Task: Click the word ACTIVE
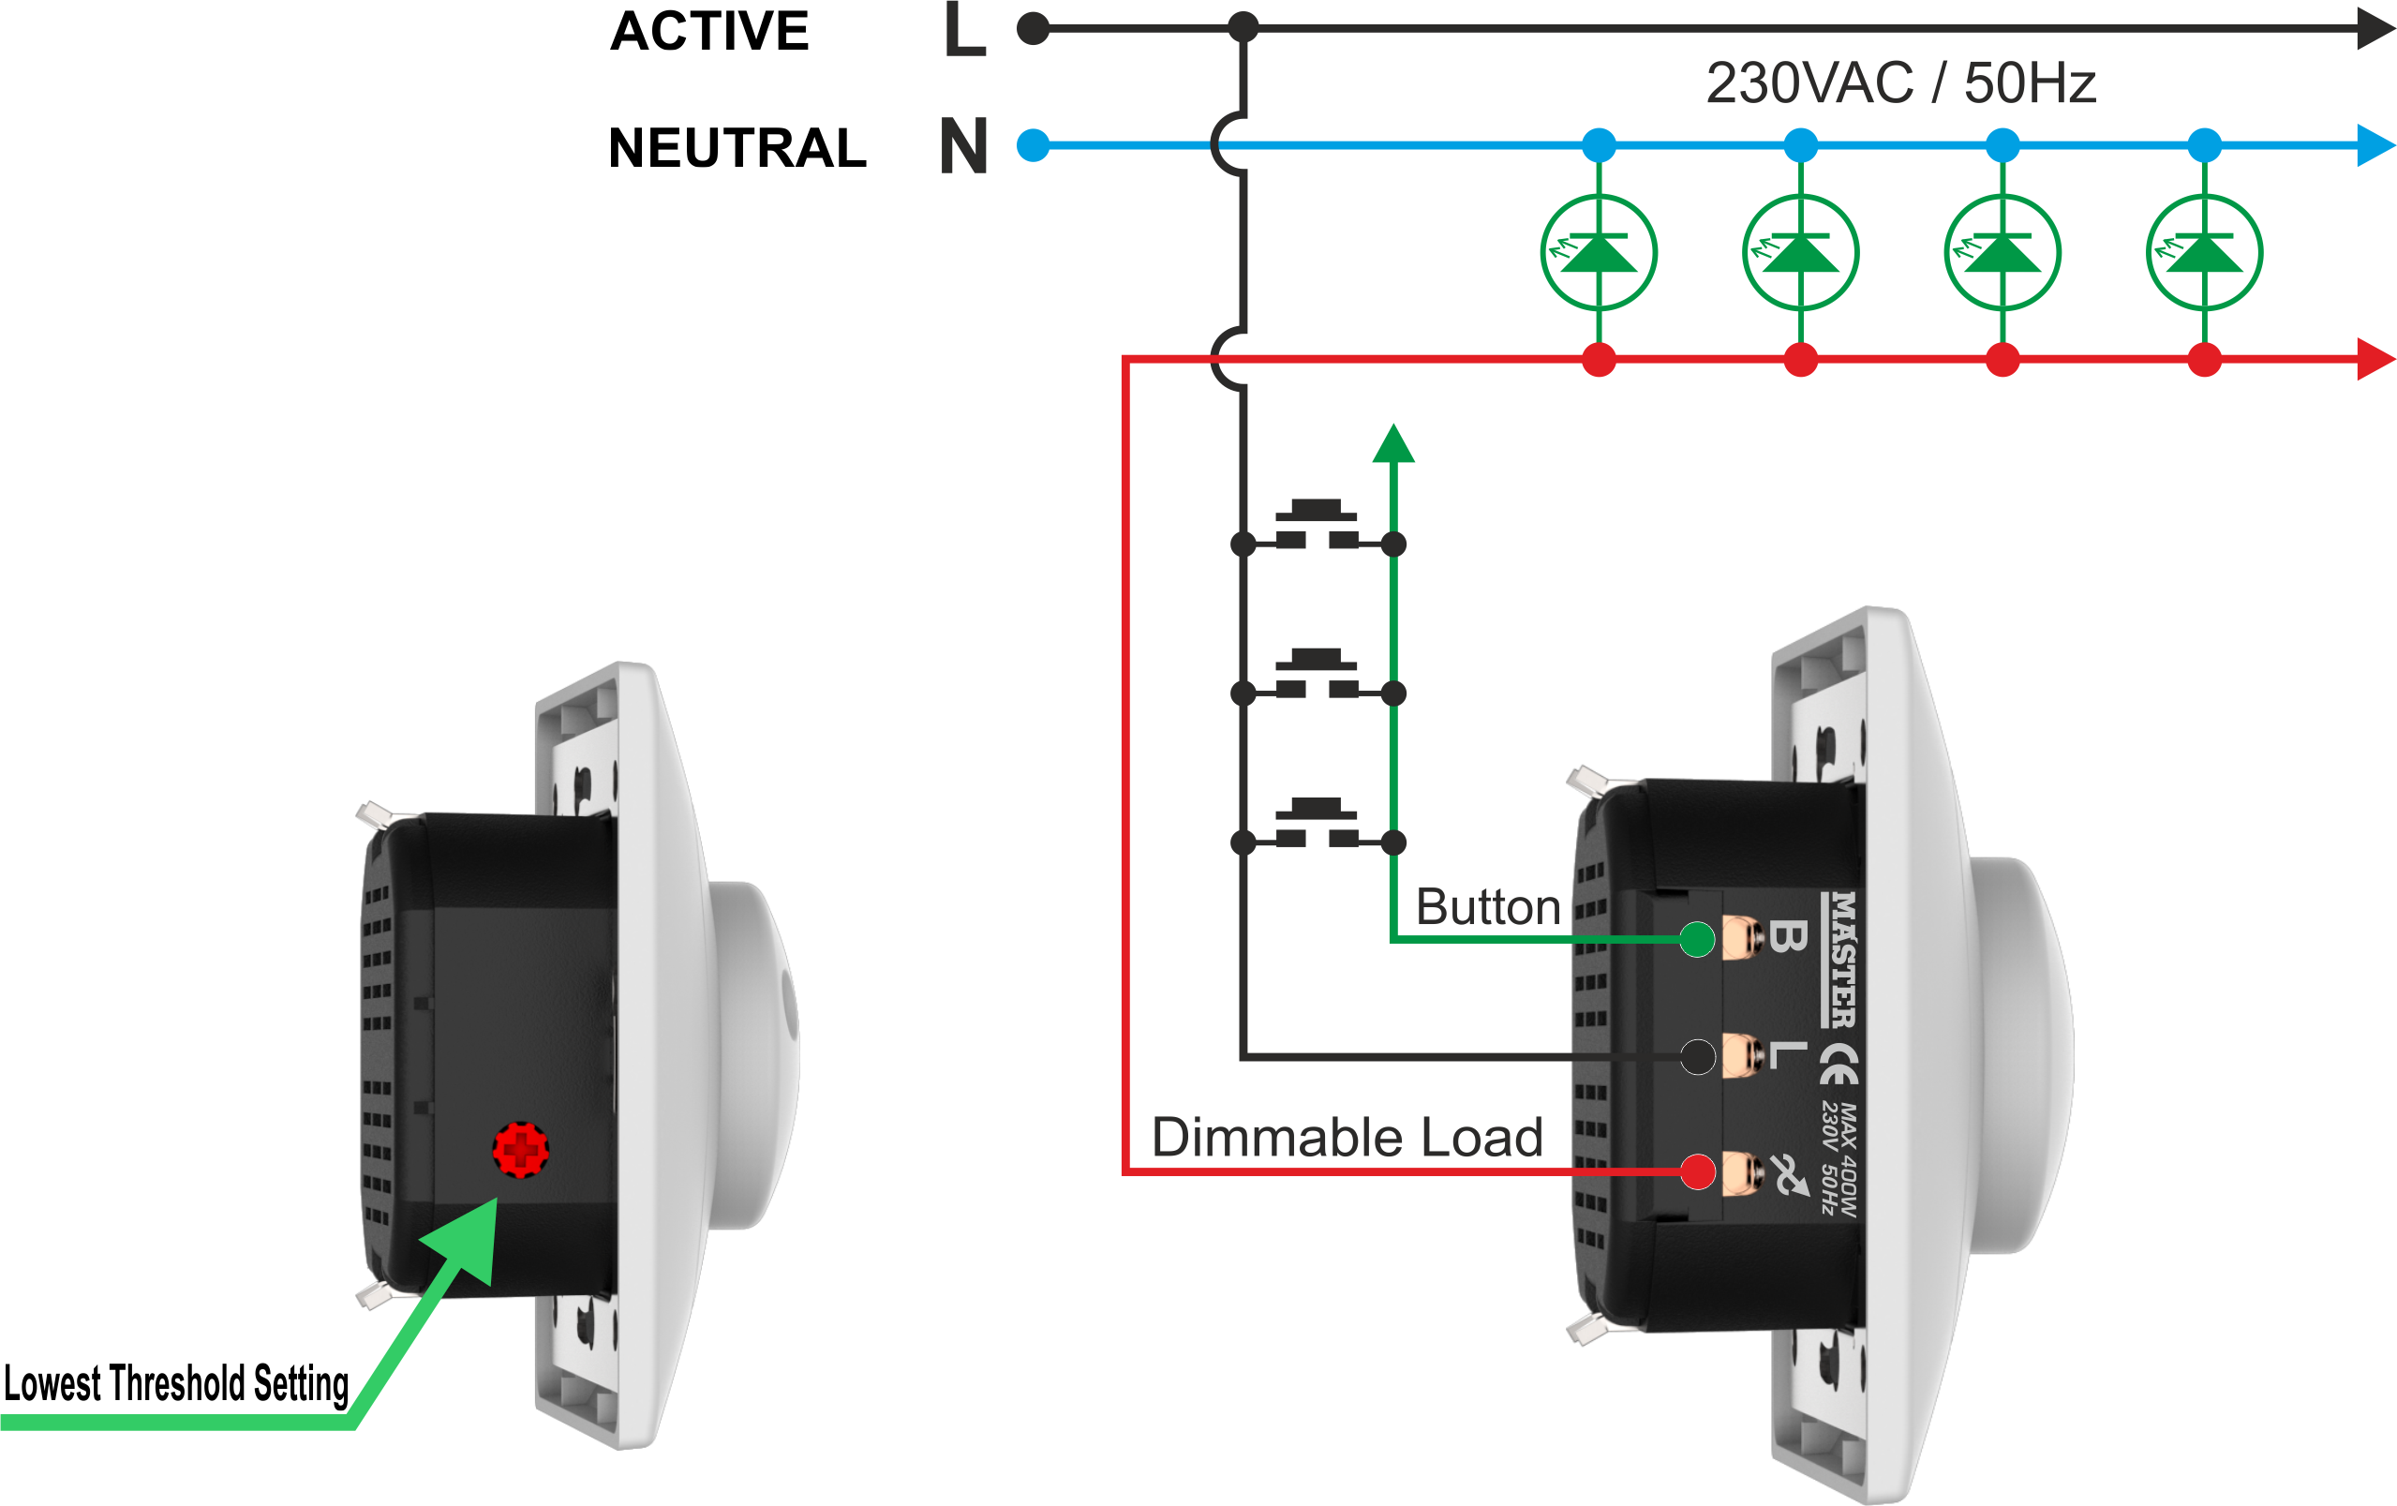(708, 31)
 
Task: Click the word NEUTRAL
(737, 148)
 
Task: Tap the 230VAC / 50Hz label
(1900, 82)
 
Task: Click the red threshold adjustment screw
(521, 1150)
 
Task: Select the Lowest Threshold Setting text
(176, 1383)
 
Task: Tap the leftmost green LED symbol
(1599, 253)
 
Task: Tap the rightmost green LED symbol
(2205, 253)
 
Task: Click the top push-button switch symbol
(1317, 526)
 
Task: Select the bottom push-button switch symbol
(1317, 823)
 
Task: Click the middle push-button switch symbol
(1317, 674)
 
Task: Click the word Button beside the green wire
(1487, 907)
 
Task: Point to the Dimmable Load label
(1347, 1137)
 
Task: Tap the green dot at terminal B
(1697, 939)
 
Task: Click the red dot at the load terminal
(1697, 1171)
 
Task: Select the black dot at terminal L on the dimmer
(1697, 1056)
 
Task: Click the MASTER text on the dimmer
(1842, 960)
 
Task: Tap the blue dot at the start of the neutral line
(1034, 145)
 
